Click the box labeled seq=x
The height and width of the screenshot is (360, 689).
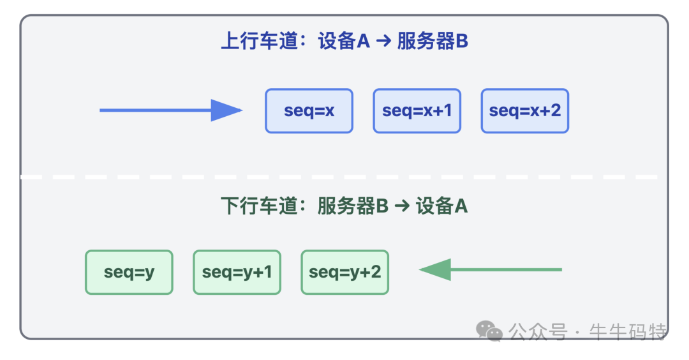[309, 110]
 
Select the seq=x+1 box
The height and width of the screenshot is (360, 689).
[417, 110]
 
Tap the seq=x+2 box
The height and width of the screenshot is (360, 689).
[524, 110]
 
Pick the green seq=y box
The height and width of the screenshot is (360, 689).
[129, 272]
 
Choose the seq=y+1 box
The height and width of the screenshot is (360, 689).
[237, 272]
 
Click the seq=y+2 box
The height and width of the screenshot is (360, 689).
[344, 272]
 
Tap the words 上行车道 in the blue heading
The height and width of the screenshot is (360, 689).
[259, 41]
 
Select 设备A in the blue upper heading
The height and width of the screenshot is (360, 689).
[344, 41]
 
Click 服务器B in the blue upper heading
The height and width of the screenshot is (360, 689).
[433, 41]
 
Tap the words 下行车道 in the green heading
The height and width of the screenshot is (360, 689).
[259, 206]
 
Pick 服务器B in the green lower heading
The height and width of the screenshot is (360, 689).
[353, 206]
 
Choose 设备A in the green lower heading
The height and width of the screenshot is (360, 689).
[441, 206]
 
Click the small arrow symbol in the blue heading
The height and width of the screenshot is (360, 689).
[383, 42]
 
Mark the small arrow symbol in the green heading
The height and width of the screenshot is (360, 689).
[402, 207]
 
